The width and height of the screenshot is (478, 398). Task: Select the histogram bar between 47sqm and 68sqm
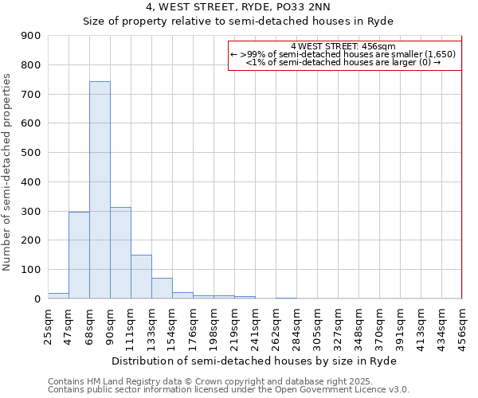[x=79, y=255]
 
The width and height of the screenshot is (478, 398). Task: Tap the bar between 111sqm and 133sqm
[x=141, y=276]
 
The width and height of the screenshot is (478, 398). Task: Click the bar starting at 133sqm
[x=162, y=288]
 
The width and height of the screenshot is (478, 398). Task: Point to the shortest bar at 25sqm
[x=58, y=295]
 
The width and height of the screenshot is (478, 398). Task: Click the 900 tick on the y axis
[x=31, y=36]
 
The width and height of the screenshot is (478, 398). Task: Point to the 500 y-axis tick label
[x=31, y=153]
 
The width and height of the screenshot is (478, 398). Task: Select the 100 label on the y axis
[x=31, y=270]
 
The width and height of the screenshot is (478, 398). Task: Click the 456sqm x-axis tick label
[x=463, y=322]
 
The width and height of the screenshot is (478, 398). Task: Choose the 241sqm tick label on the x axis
[x=256, y=322]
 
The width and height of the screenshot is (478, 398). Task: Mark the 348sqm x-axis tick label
[x=359, y=322]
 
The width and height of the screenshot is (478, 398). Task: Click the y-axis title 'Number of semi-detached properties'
[x=8, y=172]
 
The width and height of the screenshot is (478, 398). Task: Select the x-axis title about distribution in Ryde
[x=255, y=361]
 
